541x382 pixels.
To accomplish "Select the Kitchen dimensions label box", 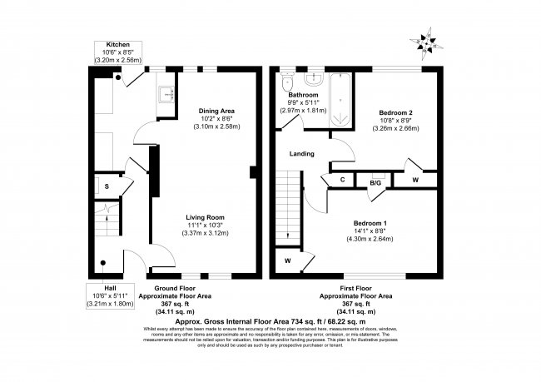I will [117, 53].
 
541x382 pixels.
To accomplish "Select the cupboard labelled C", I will [342, 180].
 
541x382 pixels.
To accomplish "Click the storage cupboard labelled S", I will [97, 185].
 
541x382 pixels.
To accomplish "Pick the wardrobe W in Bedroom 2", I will [414, 179].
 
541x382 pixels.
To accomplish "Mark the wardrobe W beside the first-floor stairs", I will [287, 260].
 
